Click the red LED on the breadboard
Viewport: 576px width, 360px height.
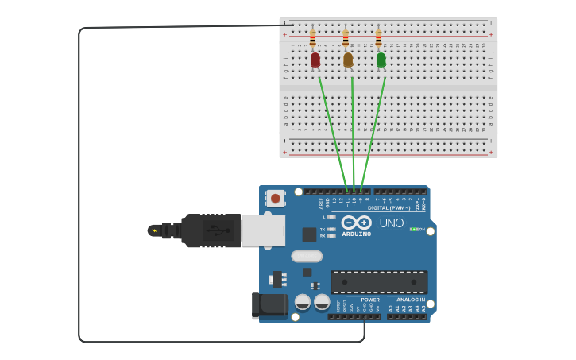tap(315, 60)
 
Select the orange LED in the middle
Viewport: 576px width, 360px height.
tap(348, 60)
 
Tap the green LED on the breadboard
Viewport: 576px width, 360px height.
tap(381, 60)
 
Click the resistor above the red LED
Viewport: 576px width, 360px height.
tap(312, 37)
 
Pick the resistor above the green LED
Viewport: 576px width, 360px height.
tap(378, 37)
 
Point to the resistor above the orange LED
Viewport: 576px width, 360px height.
tap(345, 37)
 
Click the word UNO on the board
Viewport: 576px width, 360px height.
tap(391, 223)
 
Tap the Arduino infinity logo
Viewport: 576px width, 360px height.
tap(357, 223)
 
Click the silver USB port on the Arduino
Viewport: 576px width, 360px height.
tap(263, 230)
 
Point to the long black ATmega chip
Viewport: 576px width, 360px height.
tap(379, 281)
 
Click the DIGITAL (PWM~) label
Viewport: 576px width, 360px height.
tap(389, 207)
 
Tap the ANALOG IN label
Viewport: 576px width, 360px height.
tap(410, 300)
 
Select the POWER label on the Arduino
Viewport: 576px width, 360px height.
tap(370, 300)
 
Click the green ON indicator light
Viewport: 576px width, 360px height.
tap(413, 229)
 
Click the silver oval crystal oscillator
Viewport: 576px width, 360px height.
tap(307, 256)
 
